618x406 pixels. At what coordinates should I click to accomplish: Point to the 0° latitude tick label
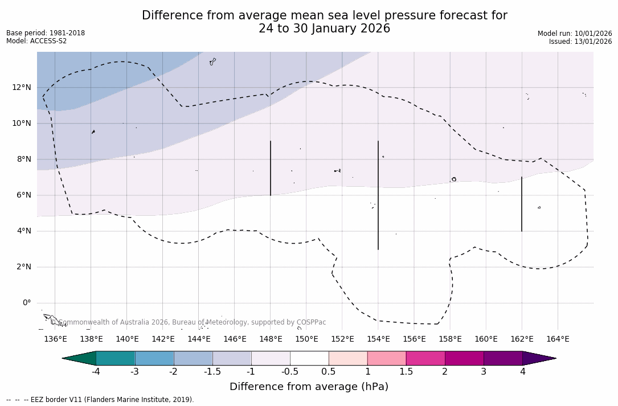[x=26, y=302]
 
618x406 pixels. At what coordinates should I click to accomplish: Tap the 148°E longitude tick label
[x=271, y=339]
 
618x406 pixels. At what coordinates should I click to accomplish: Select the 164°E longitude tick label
[x=558, y=339]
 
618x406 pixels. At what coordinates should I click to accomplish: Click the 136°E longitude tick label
[x=55, y=339]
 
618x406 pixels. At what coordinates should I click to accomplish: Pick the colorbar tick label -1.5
[x=212, y=371]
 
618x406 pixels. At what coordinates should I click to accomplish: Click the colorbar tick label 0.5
[x=329, y=371]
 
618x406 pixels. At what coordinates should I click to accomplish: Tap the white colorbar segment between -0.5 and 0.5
[x=309, y=358]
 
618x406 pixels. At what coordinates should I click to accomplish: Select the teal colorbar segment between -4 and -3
[x=116, y=358]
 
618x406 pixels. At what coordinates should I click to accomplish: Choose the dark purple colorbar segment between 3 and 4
[x=503, y=358]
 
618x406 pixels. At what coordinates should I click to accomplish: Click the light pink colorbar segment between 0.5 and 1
[x=348, y=358]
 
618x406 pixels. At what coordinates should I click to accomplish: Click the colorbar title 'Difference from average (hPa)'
[x=309, y=387]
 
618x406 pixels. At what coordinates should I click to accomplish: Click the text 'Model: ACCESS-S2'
[x=36, y=41]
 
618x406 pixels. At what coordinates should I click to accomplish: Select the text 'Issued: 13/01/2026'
[x=580, y=42]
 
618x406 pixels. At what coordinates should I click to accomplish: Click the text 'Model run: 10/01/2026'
[x=575, y=34]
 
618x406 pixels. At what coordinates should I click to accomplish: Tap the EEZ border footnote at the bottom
[x=100, y=400]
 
